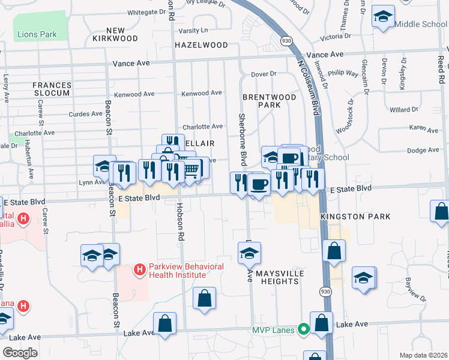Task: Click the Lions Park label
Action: pyautogui.click(x=37, y=34)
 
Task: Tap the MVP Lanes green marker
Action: pyautogui.click(x=304, y=329)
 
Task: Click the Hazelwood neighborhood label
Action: pyautogui.click(x=201, y=45)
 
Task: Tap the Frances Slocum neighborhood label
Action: pyautogui.click(x=52, y=89)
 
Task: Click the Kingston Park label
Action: pyautogui.click(x=355, y=217)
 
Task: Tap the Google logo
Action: pyautogui.click(x=20, y=353)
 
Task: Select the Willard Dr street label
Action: pyautogui.click(x=403, y=110)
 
